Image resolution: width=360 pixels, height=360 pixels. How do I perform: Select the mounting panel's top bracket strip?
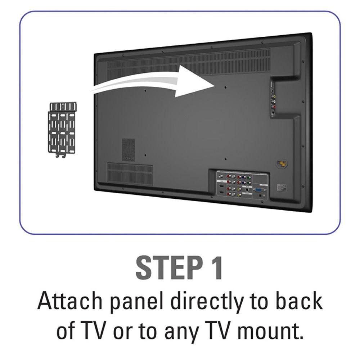click(63, 107)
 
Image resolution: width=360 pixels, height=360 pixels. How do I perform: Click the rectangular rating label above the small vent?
click(128, 149)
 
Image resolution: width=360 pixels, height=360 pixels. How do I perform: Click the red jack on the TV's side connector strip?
click(274, 107)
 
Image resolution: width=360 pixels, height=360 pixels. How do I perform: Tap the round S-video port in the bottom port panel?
click(247, 190)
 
